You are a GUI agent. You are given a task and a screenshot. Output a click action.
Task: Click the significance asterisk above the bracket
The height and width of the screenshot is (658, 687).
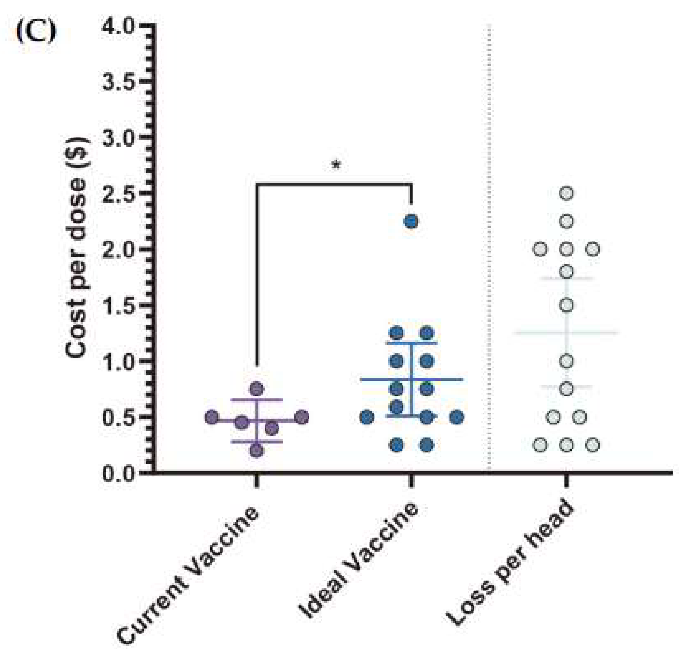point(336,165)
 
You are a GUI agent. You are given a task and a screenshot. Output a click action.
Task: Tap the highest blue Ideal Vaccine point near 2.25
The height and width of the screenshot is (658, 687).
point(411,222)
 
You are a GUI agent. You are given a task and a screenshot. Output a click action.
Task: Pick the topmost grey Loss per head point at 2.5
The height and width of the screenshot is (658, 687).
point(566,193)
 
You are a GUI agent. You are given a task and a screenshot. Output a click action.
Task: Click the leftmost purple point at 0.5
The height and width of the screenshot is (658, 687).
point(211,417)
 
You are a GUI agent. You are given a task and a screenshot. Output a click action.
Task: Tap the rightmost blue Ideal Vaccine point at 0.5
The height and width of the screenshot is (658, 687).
point(457,417)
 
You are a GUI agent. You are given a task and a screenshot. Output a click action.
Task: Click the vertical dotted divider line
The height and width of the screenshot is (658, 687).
point(489,246)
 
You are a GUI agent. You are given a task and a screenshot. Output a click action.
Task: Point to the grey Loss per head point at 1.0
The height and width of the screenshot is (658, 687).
point(566,361)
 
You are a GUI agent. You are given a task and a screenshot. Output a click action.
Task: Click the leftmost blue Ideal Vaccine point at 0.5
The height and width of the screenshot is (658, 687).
point(367,417)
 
